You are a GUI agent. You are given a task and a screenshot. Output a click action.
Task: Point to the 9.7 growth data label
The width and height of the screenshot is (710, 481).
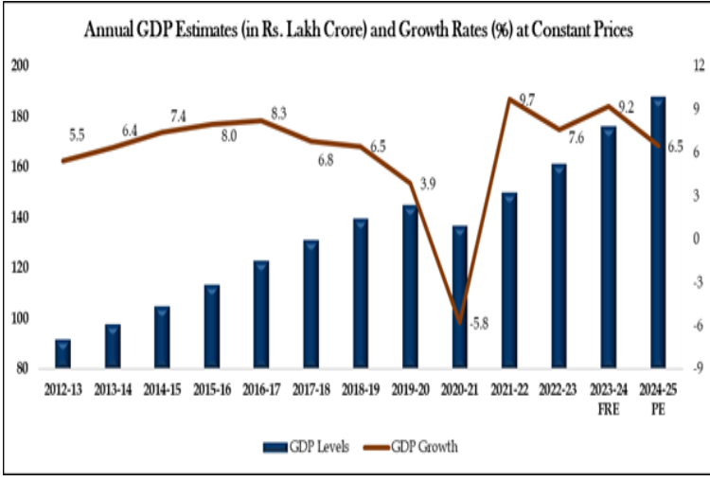pyautogui.click(x=527, y=99)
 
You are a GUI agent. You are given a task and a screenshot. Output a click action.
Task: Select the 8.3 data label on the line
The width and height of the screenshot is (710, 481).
pyautogui.click(x=278, y=114)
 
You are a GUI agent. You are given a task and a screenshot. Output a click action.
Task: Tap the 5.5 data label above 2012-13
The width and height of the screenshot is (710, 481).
pyautogui.click(x=77, y=135)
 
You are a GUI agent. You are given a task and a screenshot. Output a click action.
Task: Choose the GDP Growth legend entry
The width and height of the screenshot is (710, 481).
pyautogui.click(x=414, y=447)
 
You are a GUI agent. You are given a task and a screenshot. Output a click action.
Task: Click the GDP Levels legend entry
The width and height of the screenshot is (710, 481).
pyautogui.click(x=299, y=447)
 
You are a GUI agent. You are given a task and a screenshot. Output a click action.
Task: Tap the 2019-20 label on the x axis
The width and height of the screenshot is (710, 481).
pyautogui.click(x=409, y=389)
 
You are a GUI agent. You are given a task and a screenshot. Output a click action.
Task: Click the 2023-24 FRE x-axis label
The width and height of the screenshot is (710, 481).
pyautogui.click(x=607, y=396)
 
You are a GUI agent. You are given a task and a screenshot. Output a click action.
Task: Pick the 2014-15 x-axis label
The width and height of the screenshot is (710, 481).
pyautogui.click(x=162, y=389)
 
